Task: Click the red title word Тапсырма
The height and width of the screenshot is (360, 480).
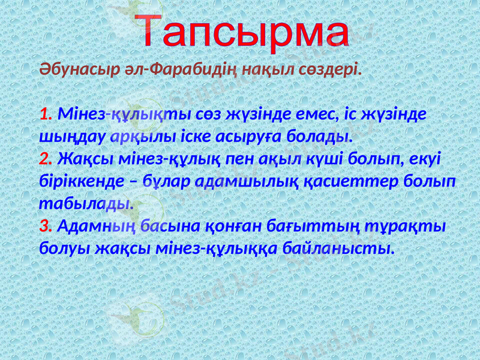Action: [x=247, y=32]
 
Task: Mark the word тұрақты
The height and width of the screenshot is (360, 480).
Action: [x=406, y=226]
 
